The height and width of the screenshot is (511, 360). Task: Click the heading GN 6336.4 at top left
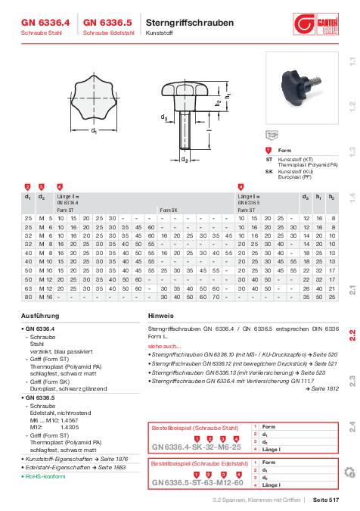45,23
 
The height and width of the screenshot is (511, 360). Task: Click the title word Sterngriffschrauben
186,23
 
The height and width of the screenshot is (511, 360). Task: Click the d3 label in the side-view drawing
163,139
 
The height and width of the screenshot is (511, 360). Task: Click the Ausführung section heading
39,314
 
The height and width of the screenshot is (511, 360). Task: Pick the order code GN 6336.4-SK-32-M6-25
196,447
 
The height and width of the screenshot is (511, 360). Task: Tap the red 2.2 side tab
352,334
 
